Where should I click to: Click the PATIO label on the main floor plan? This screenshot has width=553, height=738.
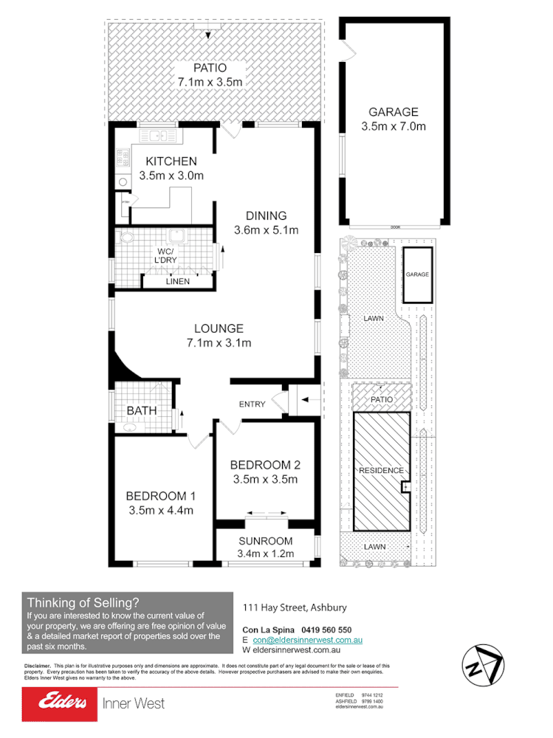pyautogui.click(x=210, y=68)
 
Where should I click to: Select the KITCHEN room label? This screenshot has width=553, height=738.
pyautogui.click(x=171, y=162)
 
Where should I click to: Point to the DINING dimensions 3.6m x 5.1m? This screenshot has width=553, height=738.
pyautogui.click(x=267, y=230)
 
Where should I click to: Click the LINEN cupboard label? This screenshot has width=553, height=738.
pyautogui.click(x=177, y=281)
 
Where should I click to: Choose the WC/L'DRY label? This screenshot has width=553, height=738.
pyautogui.click(x=166, y=256)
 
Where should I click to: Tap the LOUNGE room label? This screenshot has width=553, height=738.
pyautogui.click(x=219, y=328)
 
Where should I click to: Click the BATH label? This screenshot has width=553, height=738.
pyautogui.click(x=141, y=410)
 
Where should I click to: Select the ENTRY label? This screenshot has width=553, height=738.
pyautogui.click(x=252, y=404)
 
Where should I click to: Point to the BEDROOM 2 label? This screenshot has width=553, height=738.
pyautogui.click(x=265, y=465)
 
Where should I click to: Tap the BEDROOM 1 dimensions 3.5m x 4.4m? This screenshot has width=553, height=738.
pyautogui.click(x=160, y=509)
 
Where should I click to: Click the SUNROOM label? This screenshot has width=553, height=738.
pyautogui.click(x=265, y=541)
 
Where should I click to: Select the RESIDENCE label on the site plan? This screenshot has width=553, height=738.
pyautogui.click(x=381, y=470)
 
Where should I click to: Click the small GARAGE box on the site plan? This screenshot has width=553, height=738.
pyautogui.click(x=417, y=275)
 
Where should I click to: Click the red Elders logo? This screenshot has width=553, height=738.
pyautogui.click(x=58, y=703)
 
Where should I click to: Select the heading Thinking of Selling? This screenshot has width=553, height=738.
pyautogui.click(x=83, y=602)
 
